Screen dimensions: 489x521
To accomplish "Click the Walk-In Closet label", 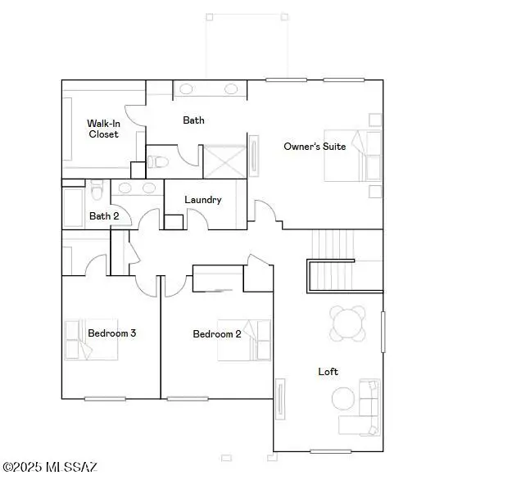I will [x=103, y=129].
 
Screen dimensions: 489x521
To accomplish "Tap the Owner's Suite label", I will [x=315, y=147].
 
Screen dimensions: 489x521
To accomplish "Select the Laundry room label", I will [x=202, y=200].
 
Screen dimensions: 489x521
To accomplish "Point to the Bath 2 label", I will [x=104, y=216].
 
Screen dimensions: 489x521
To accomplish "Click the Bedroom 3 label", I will [x=111, y=333].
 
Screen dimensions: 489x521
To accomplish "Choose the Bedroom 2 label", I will [x=216, y=333].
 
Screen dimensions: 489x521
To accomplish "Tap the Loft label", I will [x=328, y=372].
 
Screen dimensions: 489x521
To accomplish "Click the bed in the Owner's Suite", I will [x=353, y=156].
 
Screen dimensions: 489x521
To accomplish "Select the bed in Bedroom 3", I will [x=90, y=338].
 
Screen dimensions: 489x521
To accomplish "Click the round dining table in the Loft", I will [x=348, y=323].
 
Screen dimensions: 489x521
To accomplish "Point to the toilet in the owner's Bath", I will [x=158, y=161].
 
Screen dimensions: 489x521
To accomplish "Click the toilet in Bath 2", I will [x=97, y=192].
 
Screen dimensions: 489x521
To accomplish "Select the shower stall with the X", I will [x=224, y=159].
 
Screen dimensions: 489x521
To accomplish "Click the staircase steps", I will [x=333, y=244].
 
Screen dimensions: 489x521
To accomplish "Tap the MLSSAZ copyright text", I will [x=50, y=467].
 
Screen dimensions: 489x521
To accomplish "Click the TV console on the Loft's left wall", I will [x=280, y=399].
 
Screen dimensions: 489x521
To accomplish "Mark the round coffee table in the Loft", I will [x=343, y=399].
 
